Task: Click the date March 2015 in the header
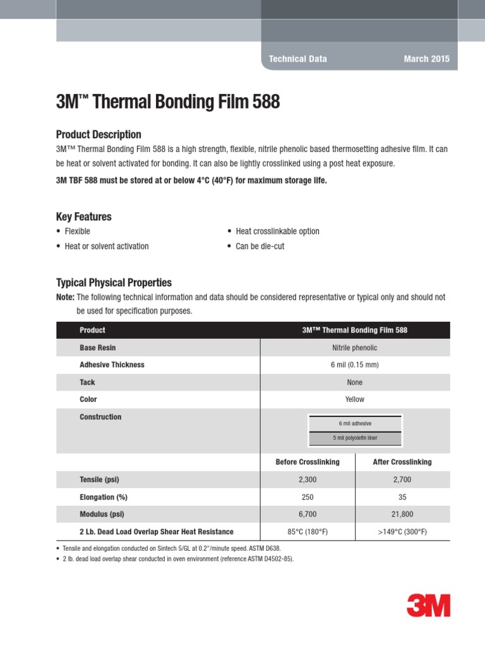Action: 427,59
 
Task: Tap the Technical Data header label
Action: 298,59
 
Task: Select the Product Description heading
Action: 99,134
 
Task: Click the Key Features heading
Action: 84,216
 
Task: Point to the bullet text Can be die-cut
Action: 260,246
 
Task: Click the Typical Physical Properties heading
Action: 114,283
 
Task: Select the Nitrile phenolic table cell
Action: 355,348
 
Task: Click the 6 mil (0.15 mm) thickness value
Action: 355,365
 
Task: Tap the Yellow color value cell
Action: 355,399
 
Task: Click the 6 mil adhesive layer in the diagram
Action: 355,423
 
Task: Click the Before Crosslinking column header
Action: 308,462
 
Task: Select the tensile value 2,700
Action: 402,479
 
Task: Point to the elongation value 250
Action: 308,497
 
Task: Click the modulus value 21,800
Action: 402,514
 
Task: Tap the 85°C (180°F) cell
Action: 308,532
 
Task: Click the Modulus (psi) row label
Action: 102,514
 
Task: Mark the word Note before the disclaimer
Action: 65,297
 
